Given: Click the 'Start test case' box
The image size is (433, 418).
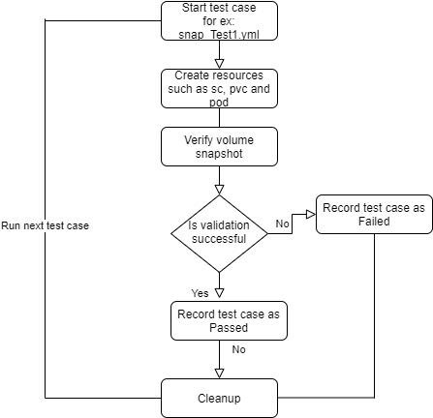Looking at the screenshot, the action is click(219, 21).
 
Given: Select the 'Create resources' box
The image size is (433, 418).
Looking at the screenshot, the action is click(219, 88).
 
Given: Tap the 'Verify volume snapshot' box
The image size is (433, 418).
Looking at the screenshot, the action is click(219, 147).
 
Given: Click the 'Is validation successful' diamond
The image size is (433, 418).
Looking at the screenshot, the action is click(219, 233).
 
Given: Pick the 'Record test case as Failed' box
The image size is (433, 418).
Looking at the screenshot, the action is click(374, 214).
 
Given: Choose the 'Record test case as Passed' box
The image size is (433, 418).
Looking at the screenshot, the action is click(229, 321).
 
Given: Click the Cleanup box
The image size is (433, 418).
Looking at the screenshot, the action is click(219, 399).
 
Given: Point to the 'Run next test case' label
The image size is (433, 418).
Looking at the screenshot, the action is click(45, 225).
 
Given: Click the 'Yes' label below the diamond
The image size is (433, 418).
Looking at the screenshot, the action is click(200, 293).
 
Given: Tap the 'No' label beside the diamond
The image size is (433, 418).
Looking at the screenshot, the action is click(282, 224).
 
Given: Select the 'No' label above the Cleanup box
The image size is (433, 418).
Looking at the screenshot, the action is click(238, 349).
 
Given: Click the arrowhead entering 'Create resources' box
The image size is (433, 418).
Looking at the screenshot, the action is click(219, 64).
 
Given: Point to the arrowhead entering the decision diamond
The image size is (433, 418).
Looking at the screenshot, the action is click(219, 190).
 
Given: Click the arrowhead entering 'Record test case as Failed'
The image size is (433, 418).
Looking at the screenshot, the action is click(311, 214).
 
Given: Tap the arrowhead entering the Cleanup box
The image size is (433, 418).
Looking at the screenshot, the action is click(219, 373).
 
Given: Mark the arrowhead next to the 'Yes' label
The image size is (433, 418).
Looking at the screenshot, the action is click(219, 293).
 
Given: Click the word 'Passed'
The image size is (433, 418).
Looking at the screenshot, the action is click(229, 328).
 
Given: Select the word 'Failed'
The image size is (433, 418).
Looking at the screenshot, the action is click(374, 222).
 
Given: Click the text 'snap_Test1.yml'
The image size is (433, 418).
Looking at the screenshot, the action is click(219, 35).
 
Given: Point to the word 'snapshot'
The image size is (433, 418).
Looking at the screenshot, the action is click(219, 154).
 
